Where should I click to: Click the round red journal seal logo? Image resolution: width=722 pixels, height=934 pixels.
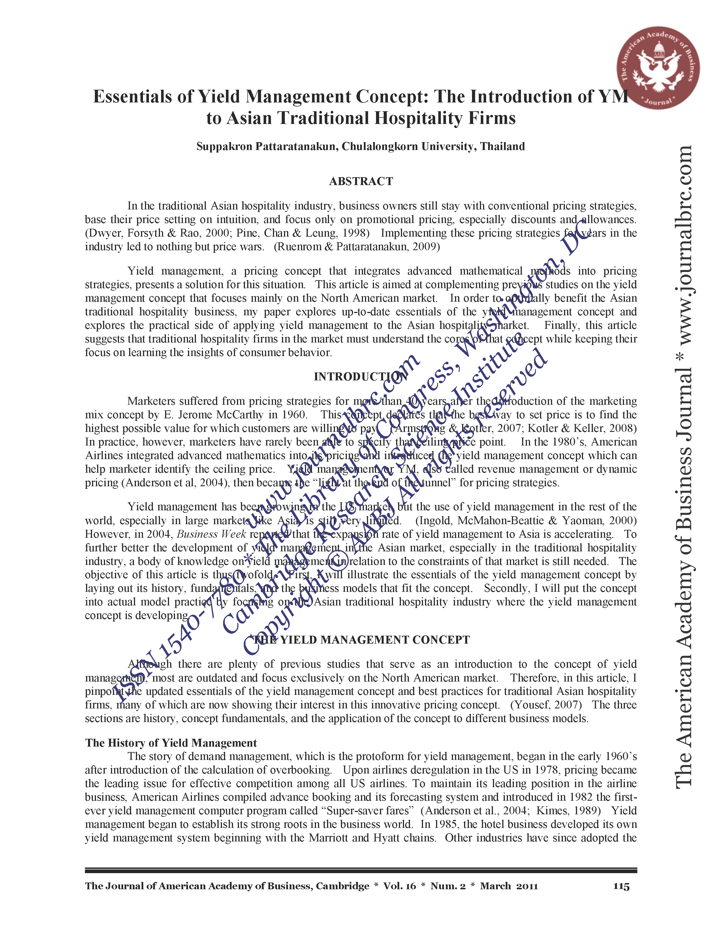(658, 68)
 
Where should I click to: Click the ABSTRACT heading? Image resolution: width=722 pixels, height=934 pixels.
(360, 181)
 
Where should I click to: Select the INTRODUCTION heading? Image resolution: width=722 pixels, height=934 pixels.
(360, 376)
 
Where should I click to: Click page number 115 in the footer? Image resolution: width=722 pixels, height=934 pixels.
(621, 886)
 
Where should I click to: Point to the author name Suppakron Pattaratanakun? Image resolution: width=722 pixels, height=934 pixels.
(267, 147)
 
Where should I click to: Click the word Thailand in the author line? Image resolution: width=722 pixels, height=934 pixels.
(502, 147)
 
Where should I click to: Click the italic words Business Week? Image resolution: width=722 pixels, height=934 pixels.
(211, 534)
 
